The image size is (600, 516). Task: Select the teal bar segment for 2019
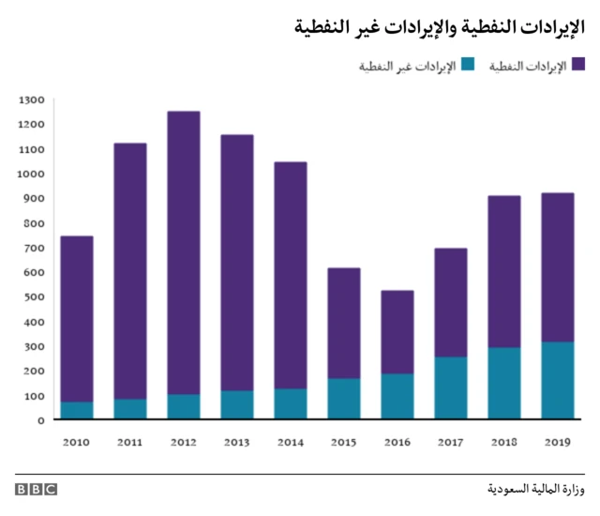[558, 381]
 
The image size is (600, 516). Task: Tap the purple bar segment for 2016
[397, 332]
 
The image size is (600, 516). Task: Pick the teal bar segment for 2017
[451, 387]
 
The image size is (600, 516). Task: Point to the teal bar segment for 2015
[344, 399]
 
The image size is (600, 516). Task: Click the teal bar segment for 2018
[504, 383]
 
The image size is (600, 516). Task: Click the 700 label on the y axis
[33, 248]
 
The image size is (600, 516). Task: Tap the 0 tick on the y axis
[40, 420]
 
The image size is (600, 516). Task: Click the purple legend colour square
[578, 65]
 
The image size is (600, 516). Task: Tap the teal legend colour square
[469, 65]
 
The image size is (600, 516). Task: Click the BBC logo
[36, 490]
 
